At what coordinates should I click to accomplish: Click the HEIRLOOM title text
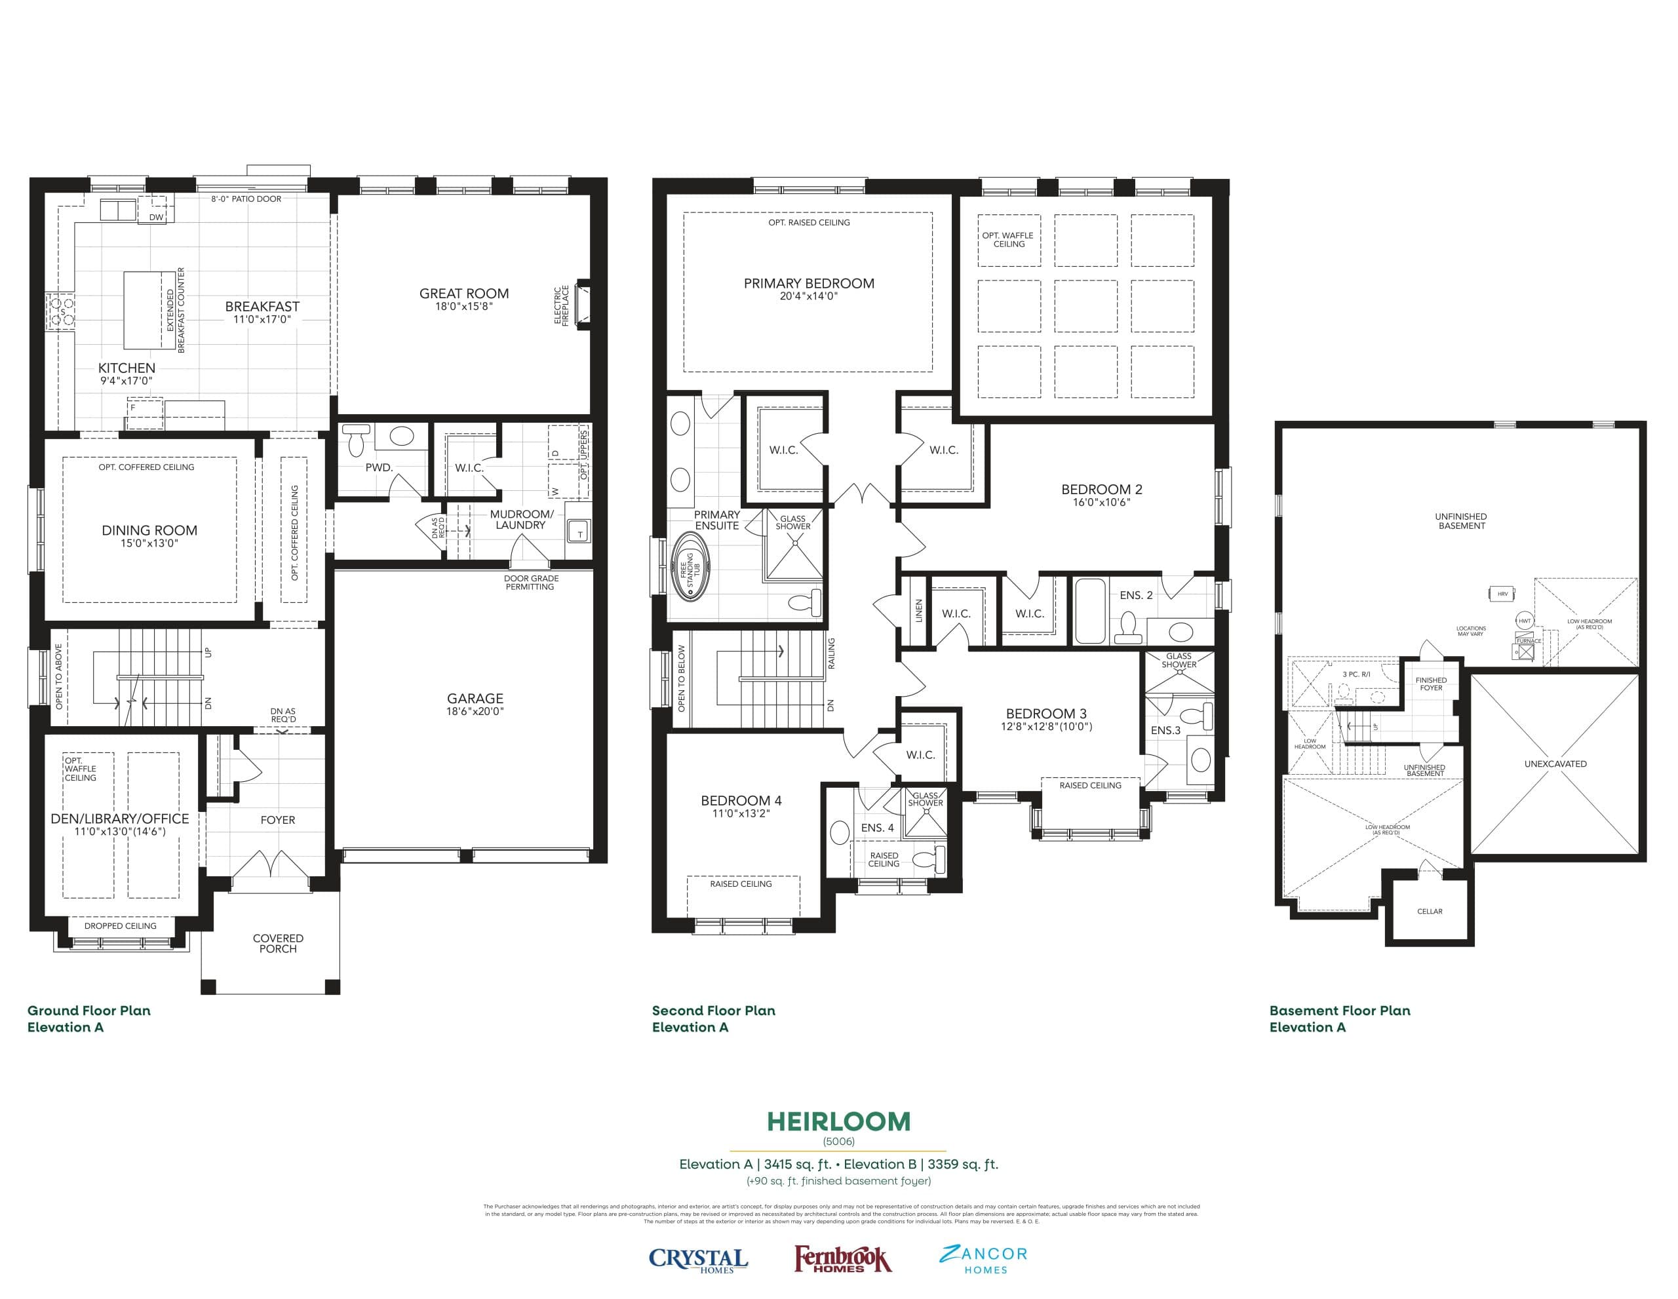point(838,1121)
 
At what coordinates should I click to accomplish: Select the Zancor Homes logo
point(983,1259)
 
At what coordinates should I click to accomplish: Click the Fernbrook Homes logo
point(842,1259)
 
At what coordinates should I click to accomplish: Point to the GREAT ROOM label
point(463,294)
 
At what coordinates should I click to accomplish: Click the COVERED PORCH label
point(277,943)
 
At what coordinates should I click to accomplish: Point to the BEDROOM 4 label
point(741,800)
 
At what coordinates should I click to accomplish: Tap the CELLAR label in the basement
point(1429,911)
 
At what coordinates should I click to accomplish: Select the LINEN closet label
point(918,611)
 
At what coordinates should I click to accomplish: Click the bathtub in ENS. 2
point(1089,611)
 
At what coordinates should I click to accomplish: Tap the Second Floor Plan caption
point(713,1011)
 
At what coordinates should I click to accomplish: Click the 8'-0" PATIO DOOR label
point(246,199)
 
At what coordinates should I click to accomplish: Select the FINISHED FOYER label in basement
point(1431,684)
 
